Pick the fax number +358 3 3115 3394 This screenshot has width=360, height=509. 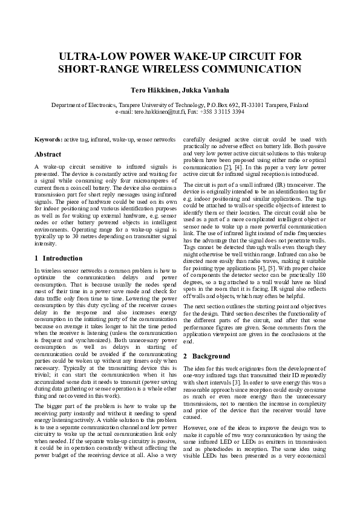[x=223, y=112]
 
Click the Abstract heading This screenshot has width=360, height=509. [x=48, y=154]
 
